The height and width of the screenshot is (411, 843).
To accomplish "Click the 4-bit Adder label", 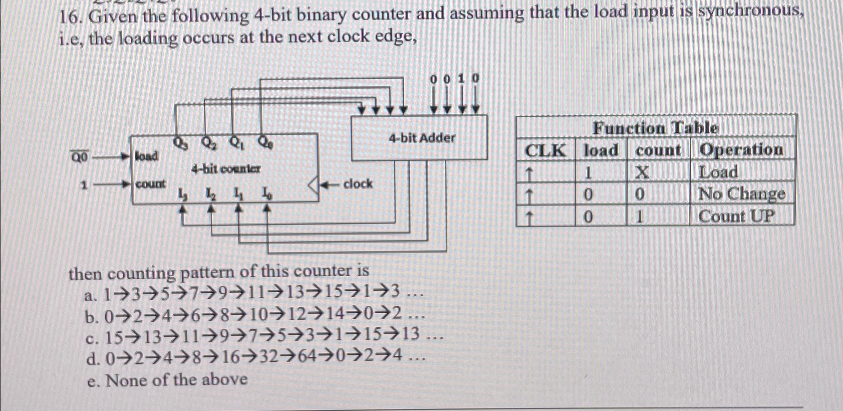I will (422, 138).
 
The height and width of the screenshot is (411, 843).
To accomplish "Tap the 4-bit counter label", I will (226, 169).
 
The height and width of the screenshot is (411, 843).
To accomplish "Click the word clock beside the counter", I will (358, 184).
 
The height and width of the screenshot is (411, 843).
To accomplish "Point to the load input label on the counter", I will (146, 156).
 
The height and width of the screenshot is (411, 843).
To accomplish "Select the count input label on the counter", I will (151, 184).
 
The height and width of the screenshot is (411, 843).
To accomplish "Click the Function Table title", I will (655, 128).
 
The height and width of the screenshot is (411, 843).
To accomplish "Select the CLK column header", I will (545, 150).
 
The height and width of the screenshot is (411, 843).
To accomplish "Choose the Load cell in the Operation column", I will (718, 172).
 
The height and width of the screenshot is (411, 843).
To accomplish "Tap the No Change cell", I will (741, 194).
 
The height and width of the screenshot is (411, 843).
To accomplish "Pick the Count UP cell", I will (736, 217).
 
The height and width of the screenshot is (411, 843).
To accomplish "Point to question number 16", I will (70, 18).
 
